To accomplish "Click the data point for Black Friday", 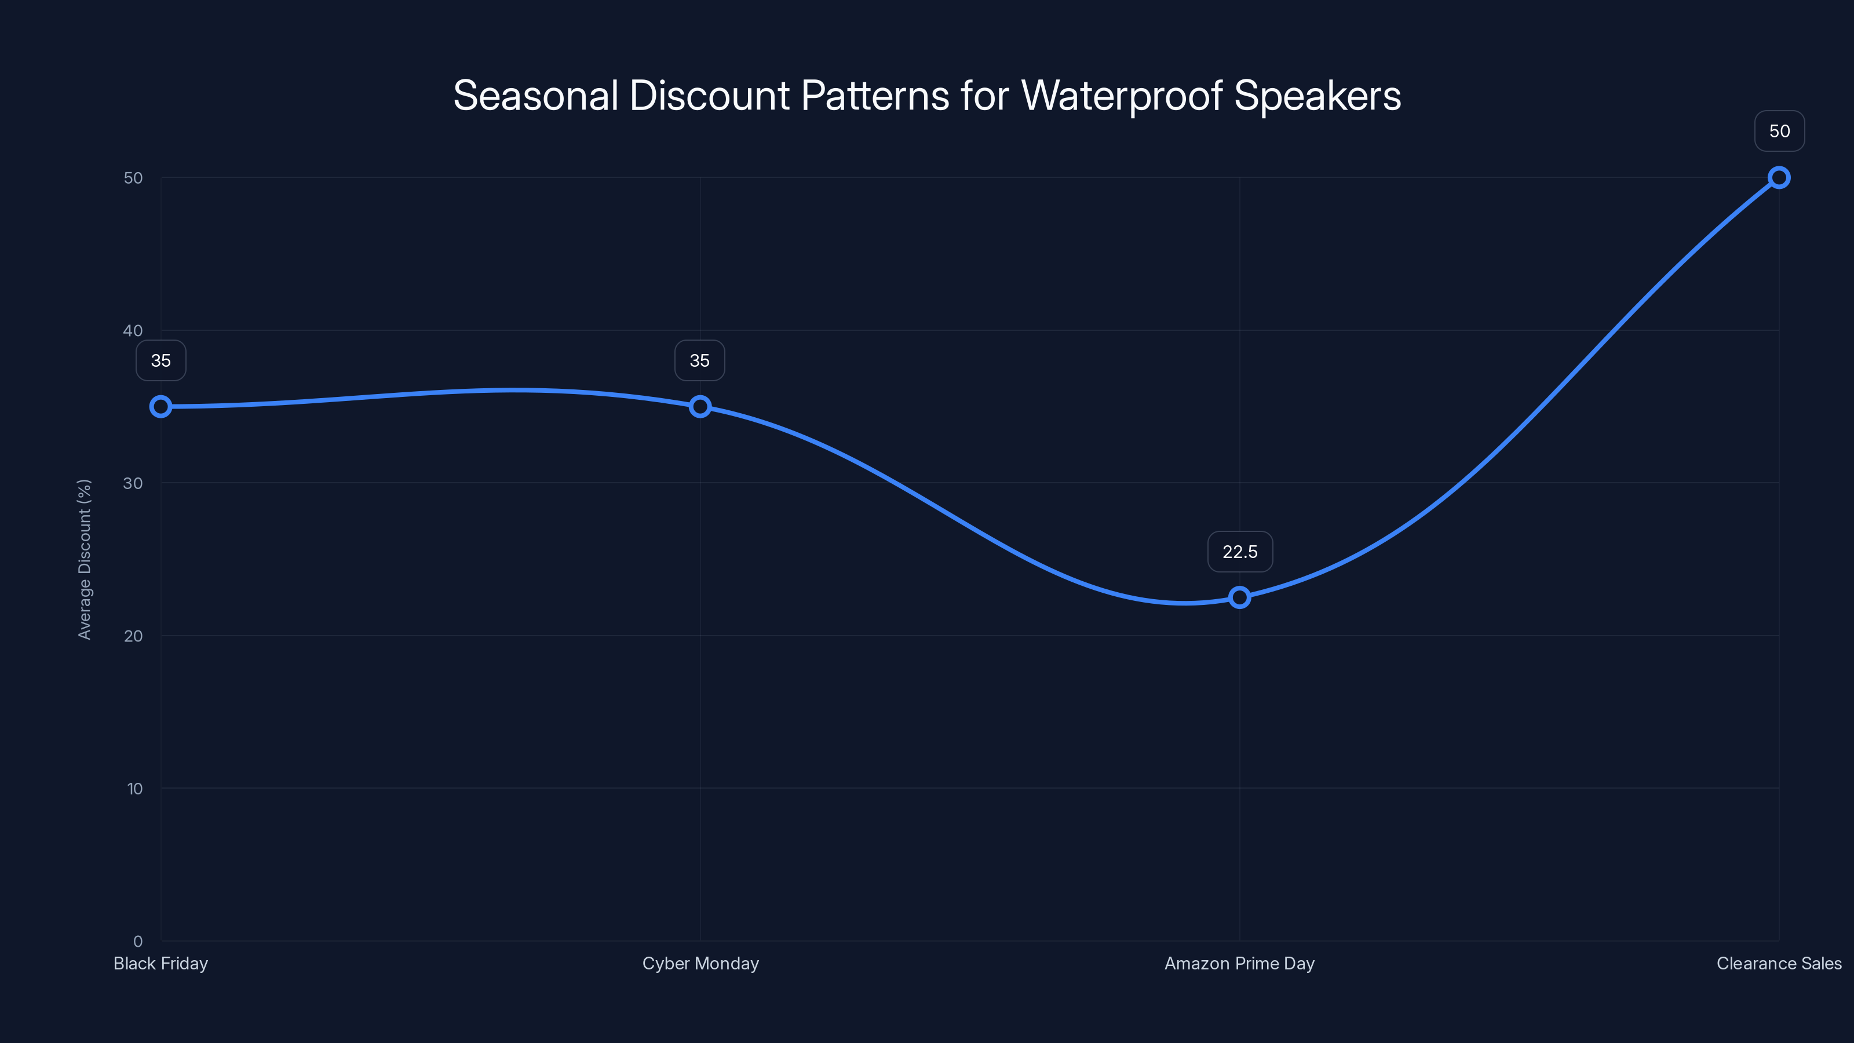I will pyautogui.click(x=160, y=407).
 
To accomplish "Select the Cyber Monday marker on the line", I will pyautogui.click(x=699, y=407).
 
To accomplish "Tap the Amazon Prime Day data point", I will pyautogui.click(x=1239, y=597).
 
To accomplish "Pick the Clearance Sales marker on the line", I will pyautogui.click(x=1779, y=178).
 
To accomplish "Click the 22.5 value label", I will pyautogui.click(x=1239, y=552).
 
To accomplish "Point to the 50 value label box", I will pyautogui.click(x=1779, y=131).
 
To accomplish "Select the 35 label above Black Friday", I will pyautogui.click(x=160, y=360).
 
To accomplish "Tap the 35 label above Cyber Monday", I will pyautogui.click(x=699, y=360).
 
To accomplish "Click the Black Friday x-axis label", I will pyautogui.click(x=160, y=963).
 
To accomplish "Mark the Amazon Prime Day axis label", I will pyautogui.click(x=1239, y=963).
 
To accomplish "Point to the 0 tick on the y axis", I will pyautogui.click(x=137, y=941).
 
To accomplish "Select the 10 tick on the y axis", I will pyautogui.click(x=134, y=788).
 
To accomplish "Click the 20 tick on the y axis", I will pyautogui.click(x=133, y=636).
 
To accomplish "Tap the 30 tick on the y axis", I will pyautogui.click(x=133, y=483).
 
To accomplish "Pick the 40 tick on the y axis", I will pyautogui.click(x=133, y=330).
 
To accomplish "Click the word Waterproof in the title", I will pyautogui.click(x=1121, y=96).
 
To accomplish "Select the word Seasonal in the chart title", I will pyautogui.click(x=535, y=96).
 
